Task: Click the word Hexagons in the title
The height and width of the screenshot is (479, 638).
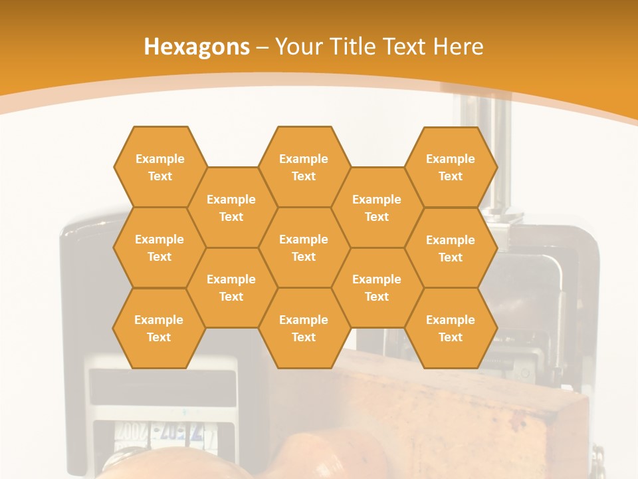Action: click(197, 47)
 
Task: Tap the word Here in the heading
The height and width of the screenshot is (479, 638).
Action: click(458, 47)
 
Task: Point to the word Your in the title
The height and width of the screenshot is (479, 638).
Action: click(297, 47)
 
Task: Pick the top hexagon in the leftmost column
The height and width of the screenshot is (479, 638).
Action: click(159, 167)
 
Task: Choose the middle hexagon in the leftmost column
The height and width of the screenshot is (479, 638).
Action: click(159, 247)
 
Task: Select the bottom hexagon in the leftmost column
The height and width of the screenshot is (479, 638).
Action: click(159, 328)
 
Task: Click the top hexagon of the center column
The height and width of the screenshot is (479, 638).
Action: click(304, 167)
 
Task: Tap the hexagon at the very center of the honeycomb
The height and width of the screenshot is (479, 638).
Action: click(304, 247)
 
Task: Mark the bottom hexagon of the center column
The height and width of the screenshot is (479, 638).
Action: click(304, 328)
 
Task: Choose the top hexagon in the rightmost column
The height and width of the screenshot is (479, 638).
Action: click(451, 167)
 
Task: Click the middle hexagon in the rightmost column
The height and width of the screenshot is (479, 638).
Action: click(451, 248)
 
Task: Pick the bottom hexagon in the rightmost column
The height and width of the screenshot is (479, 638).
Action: click(451, 328)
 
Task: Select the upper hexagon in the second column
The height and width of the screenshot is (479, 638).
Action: click(231, 208)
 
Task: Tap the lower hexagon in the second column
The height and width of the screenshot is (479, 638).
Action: click(231, 287)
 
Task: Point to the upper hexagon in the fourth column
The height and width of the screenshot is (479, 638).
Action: click(377, 208)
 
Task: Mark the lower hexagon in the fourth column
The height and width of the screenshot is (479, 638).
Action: click(377, 287)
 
